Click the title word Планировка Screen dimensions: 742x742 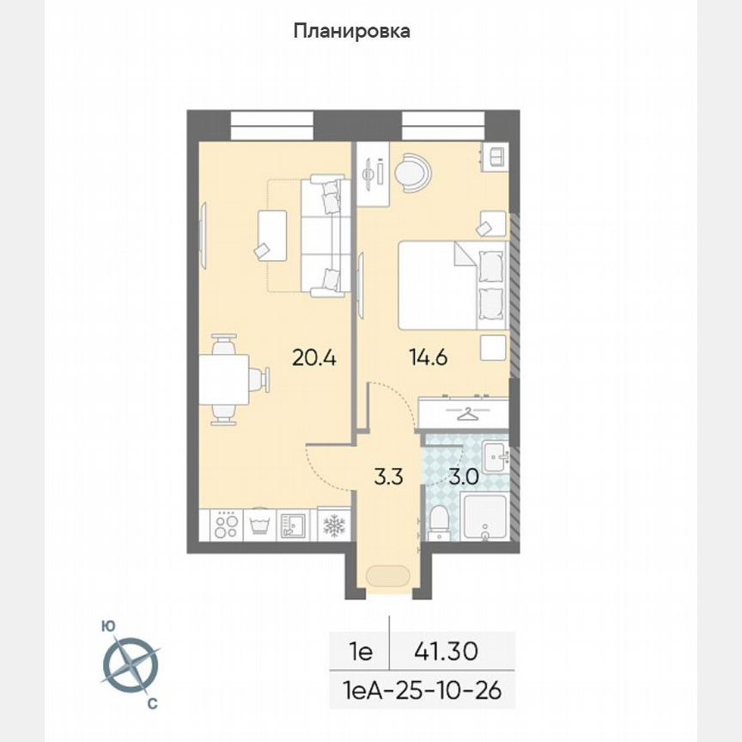(352, 32)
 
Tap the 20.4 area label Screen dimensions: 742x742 (313, 358)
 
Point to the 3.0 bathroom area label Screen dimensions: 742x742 (465, 477)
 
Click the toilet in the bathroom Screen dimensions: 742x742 (438, 521)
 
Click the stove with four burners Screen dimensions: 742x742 (225, 525)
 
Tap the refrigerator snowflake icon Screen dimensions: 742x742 (333, 525)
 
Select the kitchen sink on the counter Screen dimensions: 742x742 (293, 525)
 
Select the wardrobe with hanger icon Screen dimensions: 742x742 (465, 414)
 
